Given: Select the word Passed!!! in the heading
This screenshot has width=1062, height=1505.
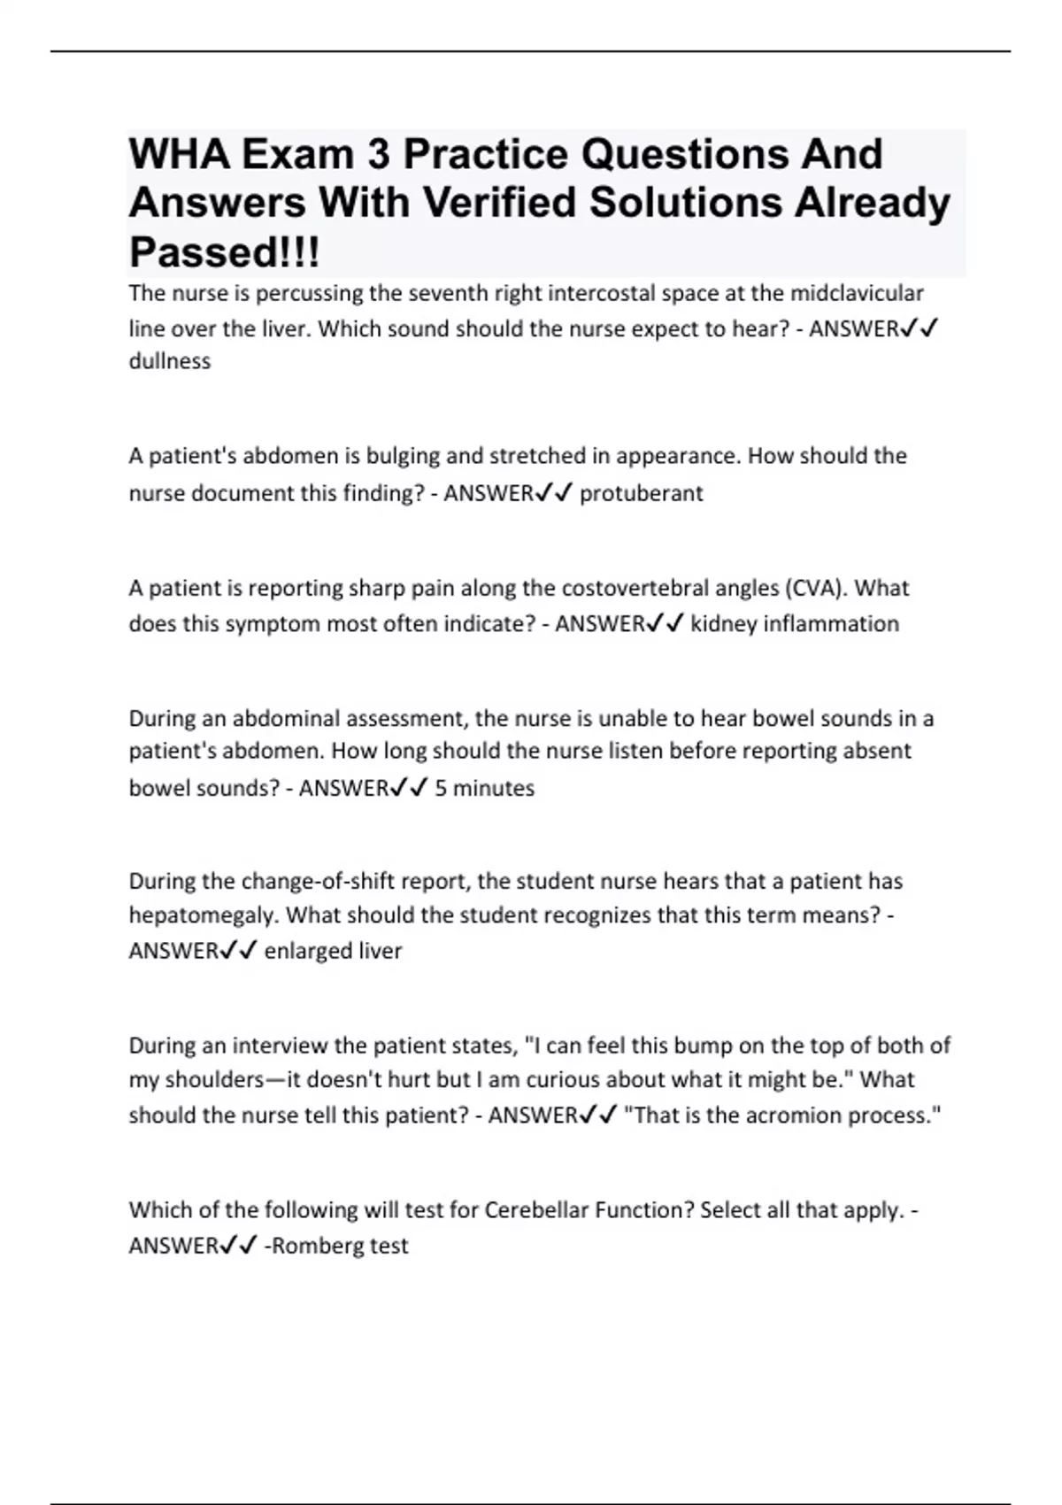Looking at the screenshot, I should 224,252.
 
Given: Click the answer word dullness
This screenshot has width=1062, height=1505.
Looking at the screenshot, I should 170,361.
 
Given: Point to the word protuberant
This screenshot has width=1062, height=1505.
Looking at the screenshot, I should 641,493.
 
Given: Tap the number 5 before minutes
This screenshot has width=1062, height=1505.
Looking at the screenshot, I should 441,788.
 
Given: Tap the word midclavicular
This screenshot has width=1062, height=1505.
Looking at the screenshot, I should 857,293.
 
